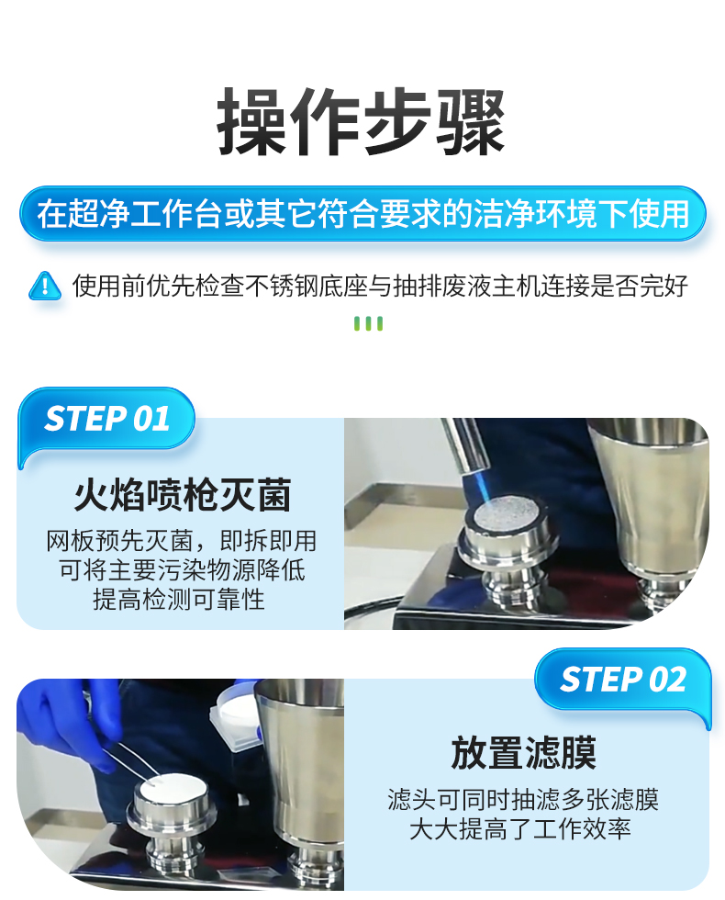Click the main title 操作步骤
point(362,121)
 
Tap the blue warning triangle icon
point(45,286)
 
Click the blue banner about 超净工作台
point(362,213)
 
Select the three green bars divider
point(368,323)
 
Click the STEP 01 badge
point(106,418)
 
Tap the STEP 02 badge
point(623,680)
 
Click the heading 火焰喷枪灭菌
point(183,495)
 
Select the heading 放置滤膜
point(523,753)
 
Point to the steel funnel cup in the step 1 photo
point(651,500)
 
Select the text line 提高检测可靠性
point(179,599)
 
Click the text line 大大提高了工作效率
point(519,828)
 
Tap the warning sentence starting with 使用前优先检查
point(380,286)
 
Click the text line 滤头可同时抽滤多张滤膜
point(523,800)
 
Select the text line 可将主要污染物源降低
point(183,570)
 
